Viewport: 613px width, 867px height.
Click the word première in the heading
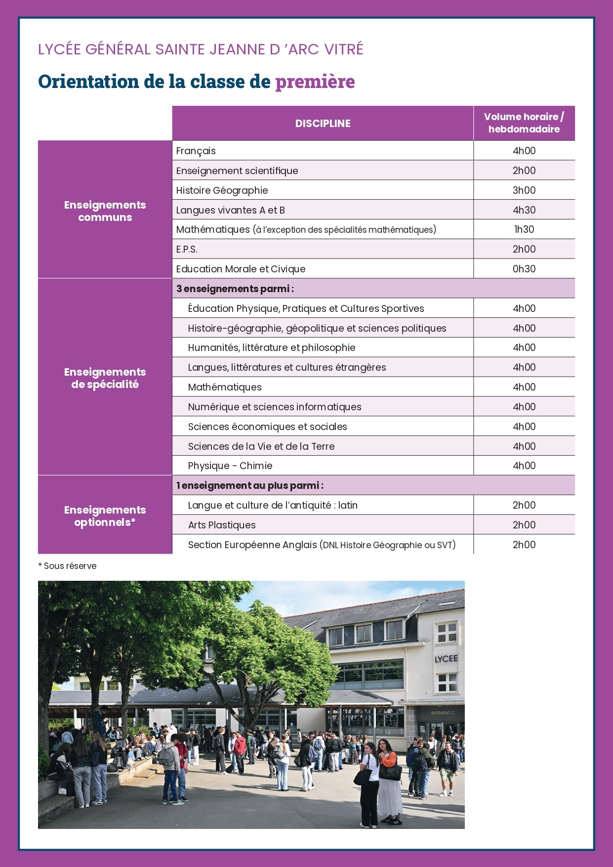(x=315, y=82)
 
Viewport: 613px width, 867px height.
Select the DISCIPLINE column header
(x=323, y=124)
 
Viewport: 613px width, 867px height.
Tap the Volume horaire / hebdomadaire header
(x=524, y=123)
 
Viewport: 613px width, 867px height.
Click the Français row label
(x=196, y=151)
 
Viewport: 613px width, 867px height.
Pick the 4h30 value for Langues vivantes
(x=524, y=210)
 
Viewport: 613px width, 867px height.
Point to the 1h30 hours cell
(x=524, y=229)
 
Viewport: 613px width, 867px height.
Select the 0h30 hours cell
(x=524, y=269)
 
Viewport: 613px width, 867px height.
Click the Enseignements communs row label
(x=105, y=211)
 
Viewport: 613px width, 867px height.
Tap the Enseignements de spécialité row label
(x=105, y=378)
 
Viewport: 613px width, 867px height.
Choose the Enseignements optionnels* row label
(x=105, y=516)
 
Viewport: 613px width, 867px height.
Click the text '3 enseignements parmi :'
(x=235, y=289)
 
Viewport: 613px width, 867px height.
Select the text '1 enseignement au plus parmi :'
(x=250, y=485)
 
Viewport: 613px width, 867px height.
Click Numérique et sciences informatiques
(x=275, y=407)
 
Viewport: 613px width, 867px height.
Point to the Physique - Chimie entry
(x=230, y=466)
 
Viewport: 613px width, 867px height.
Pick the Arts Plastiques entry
(x=222, y=525)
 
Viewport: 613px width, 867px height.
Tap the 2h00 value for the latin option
(x=524, y=505)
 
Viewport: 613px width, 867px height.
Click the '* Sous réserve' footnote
(x=68, y=566)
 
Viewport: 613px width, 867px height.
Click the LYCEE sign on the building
(x=446, y=659)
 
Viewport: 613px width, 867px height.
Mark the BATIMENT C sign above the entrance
(x=442, y=713)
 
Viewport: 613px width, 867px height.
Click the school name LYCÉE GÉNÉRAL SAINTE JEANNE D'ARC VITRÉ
(x=201, y=49)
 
